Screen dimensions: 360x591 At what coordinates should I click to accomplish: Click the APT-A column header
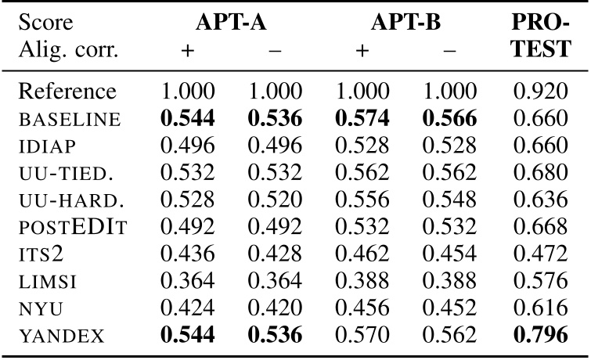coord(231,24)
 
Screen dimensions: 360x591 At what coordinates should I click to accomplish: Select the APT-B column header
coord(406,24)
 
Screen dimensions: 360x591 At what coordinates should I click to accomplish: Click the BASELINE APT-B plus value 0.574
coord(362,119)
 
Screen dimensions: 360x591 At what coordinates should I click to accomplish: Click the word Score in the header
coord(44,24)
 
